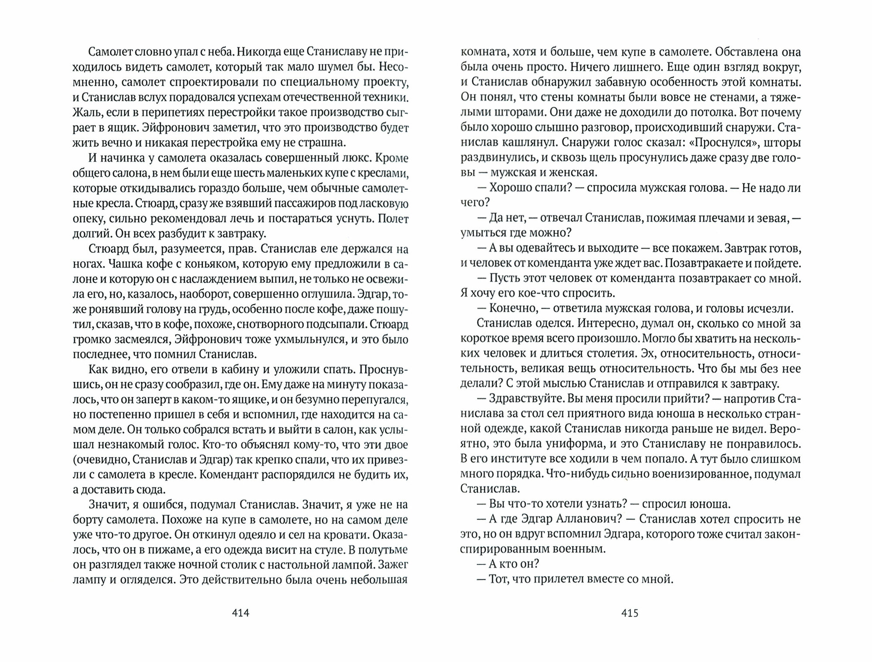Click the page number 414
click(240, 613)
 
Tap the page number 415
click(630, 613)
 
